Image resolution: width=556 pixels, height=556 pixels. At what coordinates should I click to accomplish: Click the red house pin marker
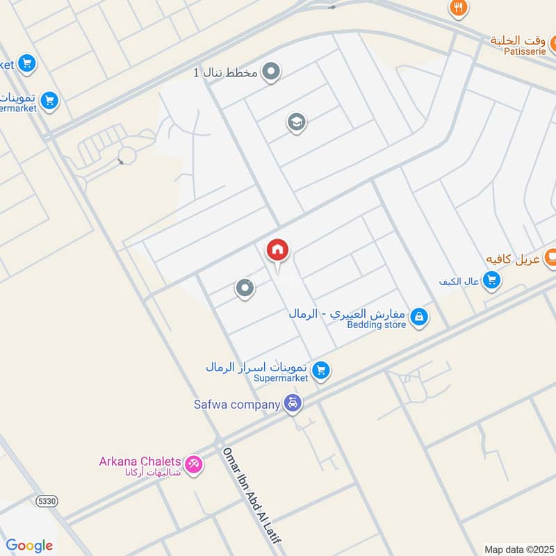pyautogui.click(x=277, y=250)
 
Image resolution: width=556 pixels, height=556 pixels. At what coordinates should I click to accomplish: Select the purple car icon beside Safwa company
pyautogui.click(x=293, y=403)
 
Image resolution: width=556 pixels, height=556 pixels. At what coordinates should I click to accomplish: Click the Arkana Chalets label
pyautogui.click(x=140, y=461)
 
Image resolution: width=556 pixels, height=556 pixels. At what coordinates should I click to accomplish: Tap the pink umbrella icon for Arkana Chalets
pyautogui.click(x=194, y=464)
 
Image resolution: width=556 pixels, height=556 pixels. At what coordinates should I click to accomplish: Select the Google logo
pyautogui.click(x=29, y=546)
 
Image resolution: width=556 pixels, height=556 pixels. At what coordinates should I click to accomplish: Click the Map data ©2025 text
pyautogui.click(x=518, y=549)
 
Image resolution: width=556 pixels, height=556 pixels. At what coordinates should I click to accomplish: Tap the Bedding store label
pyautogui.click(x=377, y=325)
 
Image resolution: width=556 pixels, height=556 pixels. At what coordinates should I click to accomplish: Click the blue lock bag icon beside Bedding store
pyautogui.click(x=418, y=318)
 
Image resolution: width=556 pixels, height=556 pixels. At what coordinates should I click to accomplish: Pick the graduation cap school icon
pyautogui.click(x=297, y=123)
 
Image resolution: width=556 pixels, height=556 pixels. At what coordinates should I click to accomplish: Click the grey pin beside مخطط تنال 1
pyautogui.click(x=272, y=72)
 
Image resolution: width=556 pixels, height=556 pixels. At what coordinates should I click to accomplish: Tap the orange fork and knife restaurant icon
pyautogui.click(x=458, y=8)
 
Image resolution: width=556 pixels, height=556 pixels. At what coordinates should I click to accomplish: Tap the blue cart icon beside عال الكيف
pyautogui.click(x=492, y=281)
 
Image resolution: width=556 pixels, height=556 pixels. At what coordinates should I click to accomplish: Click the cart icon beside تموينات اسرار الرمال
pyautogui.click(x=320, y=370)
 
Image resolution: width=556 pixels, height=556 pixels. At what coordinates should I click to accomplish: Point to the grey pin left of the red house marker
pyautogui.click(x=244, y=288)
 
